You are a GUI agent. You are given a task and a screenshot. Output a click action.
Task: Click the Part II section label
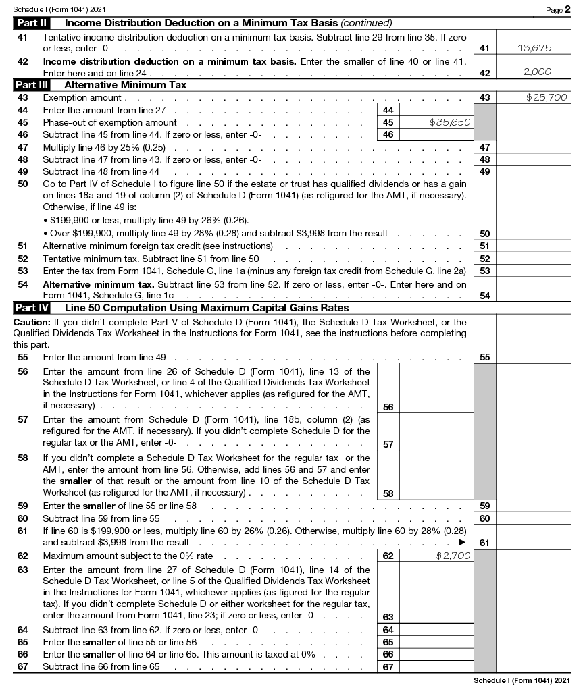pyautogui.click(x=32, y=23)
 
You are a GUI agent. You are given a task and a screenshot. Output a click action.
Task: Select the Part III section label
pyautogui.click(x=32, y=85)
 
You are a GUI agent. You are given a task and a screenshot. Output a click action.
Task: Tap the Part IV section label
pyautogui.click(x=32, y=308)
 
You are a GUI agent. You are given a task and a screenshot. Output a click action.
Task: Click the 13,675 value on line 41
pyautogui.click(x=534, y=48)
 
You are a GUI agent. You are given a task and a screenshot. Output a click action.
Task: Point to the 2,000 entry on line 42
pyautogui.click(x=537, y=72)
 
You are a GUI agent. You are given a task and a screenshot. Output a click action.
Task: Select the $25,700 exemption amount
pyautogui.click(x=547, y=97)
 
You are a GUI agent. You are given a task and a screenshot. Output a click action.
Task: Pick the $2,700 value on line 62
pyautogui.click(x=454, y=556)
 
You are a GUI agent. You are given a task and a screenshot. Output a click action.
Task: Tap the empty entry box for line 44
pyautogui.click(x=435, y=110)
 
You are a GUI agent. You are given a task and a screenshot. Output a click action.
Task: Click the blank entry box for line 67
pyautogui.click(x=435, y=667)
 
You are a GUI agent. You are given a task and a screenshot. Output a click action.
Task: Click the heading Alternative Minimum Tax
pyautogui.click(x=125, y=85)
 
